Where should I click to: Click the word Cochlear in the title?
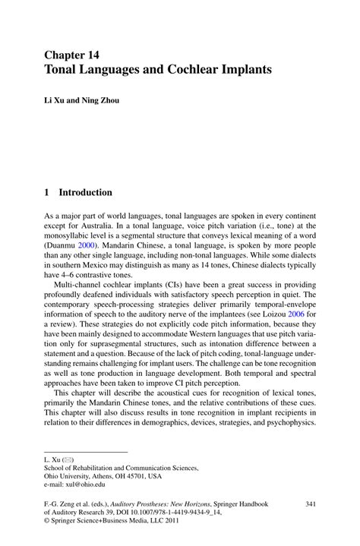tap(192, 69)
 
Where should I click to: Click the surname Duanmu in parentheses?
tap(64, 246)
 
